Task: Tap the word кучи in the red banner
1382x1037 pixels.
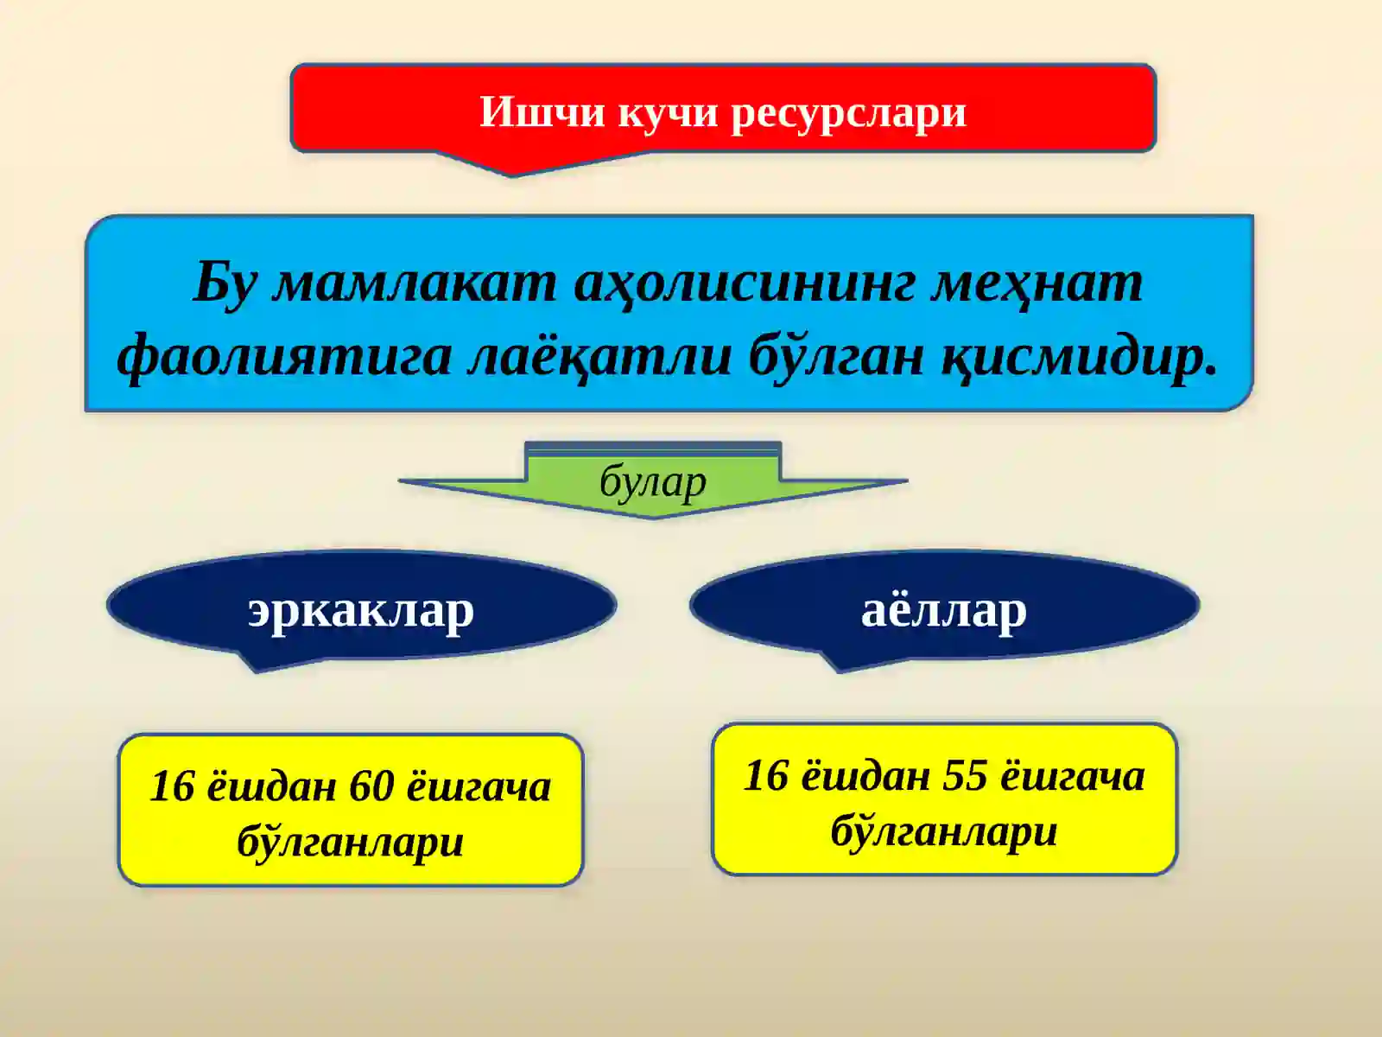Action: (668, 111)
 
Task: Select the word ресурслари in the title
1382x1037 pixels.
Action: (848, 111)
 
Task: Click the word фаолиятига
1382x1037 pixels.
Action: (284, 355)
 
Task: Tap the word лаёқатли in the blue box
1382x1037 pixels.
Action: (599, 355)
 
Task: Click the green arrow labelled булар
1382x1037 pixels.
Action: (653, 482)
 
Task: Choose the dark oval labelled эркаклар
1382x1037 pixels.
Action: (361, 608)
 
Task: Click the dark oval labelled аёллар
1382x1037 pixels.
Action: (943, 608)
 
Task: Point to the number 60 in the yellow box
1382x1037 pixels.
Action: (371, 786)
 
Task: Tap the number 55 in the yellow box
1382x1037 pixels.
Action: (965, 775)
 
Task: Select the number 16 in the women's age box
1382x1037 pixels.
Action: (766, 775)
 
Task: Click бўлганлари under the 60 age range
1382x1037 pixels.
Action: (350, 841)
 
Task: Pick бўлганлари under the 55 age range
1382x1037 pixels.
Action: (944, 830)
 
